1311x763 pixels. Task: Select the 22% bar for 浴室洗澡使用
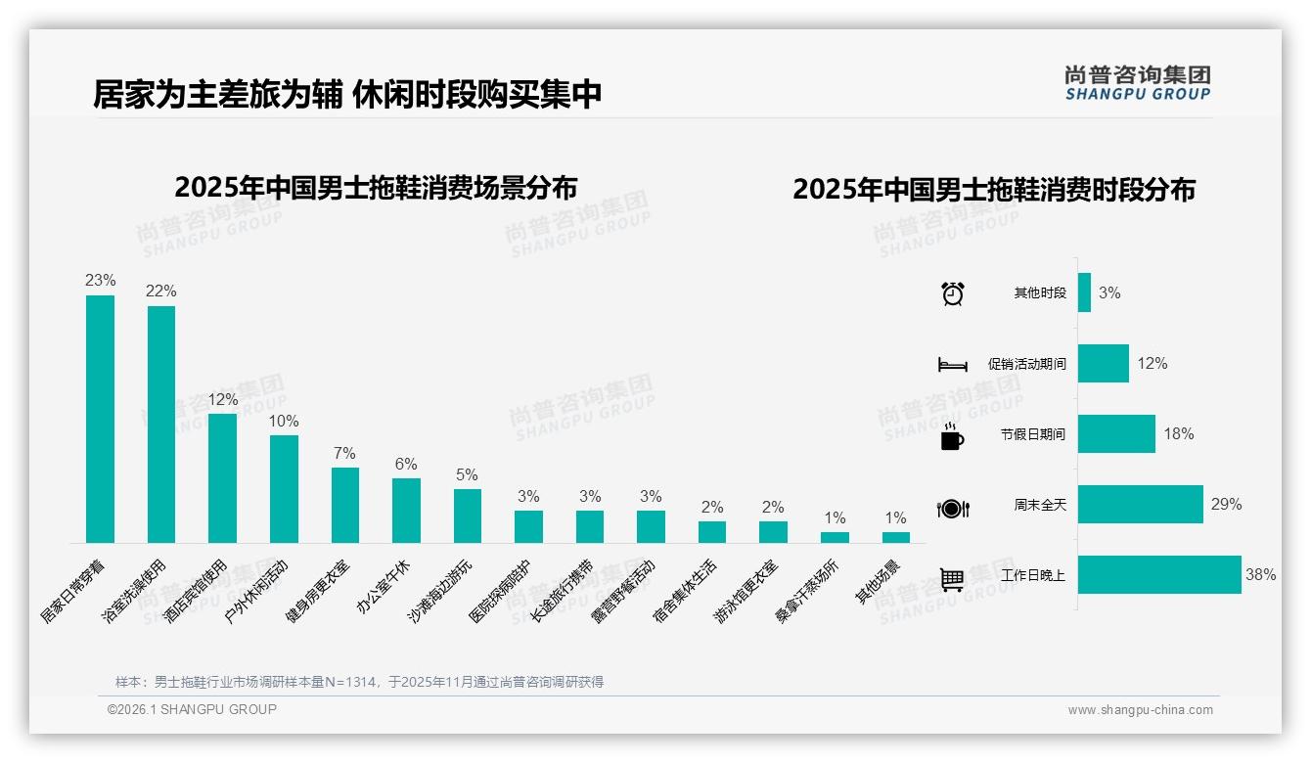[161, 425]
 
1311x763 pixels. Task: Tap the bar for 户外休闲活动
[284, 489]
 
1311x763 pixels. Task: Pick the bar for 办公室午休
[406, 511]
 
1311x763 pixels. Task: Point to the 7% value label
[344, 454]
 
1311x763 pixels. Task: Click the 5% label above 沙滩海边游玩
[467, 475]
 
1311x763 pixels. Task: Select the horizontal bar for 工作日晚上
[1159, 575]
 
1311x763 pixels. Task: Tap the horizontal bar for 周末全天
[1140, 505]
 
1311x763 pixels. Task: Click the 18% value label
[1179, 434]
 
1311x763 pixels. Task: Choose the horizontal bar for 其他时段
[1084, 292]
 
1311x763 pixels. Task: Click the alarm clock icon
[953, 293]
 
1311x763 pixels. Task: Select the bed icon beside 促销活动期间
[952, 365]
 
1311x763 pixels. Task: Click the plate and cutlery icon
[953, 509]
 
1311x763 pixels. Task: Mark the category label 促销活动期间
[1026, 364]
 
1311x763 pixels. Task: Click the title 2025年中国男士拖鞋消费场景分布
[376, 188]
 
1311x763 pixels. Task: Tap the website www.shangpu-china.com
[1140, 710]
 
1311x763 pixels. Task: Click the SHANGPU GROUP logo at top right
[1137, 83]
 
